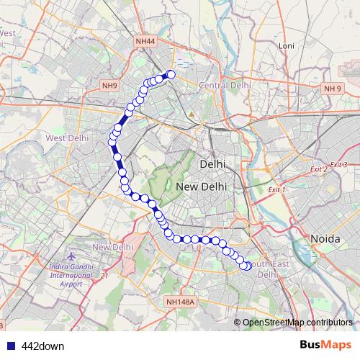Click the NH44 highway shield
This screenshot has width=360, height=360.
(x=145, y=42)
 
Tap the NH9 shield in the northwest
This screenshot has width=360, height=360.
(x=109, y=86)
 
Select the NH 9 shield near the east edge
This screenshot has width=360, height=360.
(x=332, y=89)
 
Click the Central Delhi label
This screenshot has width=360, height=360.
(x=224, y=85)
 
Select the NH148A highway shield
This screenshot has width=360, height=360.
(x=179, y=302)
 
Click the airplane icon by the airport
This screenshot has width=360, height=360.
(x=71, y=256)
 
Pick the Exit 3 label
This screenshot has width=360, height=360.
(x=338, y=165)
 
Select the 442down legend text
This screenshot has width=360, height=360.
(x=43, y=346)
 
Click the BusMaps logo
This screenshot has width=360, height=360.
(x=326, y=345)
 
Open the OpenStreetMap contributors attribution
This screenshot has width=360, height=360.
(x=297, y=322)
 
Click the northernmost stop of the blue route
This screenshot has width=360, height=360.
(x=171, y=73)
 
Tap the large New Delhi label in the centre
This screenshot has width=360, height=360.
(x=202, y=186)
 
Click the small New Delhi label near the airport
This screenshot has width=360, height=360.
(x=112, y=247)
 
